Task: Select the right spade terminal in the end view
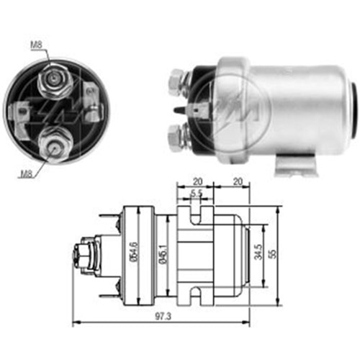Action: point(90,97)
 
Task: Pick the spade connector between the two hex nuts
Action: point(198,109)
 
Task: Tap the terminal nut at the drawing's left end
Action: point(81,256)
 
